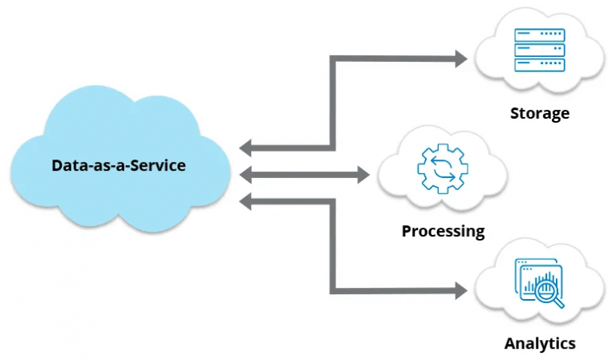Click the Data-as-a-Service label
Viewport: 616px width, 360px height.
[x=119, y=166]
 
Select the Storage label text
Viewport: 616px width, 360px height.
[x=539, y=113]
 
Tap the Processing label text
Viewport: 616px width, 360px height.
[x=443, y=232]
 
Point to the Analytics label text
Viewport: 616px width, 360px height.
[x=539, y=343]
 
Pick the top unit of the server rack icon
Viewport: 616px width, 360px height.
[x=539, y=35]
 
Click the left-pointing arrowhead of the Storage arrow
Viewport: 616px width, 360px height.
[x=245, y=148]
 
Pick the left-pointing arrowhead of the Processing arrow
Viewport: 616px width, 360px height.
[x=245, y=173]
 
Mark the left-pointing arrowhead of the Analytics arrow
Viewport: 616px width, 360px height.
[x=245, y=200]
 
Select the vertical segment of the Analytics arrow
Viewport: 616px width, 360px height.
[x=332, y=245]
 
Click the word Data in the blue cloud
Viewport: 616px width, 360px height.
[x=67, y=166]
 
